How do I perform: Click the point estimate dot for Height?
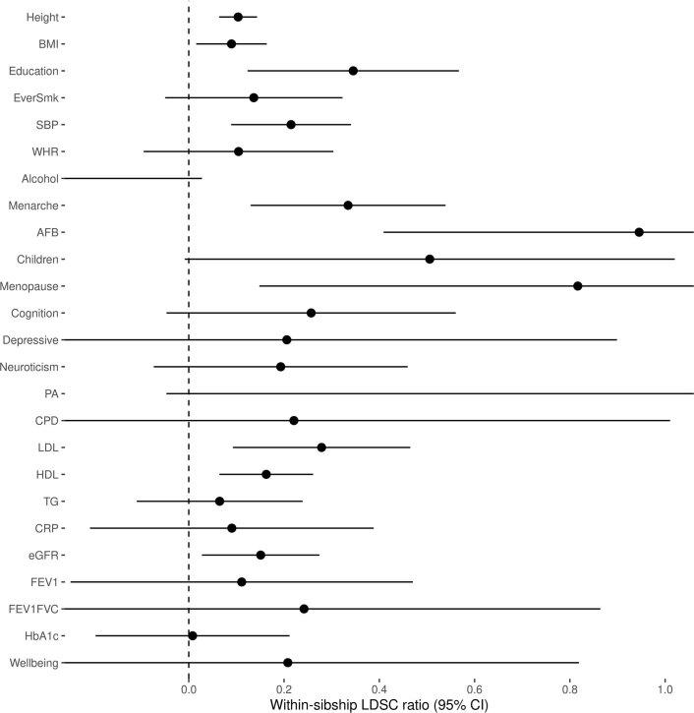pos(238,17)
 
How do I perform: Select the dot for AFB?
pos(639,232)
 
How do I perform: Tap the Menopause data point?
pos(578,286)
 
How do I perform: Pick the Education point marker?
pos(353,71)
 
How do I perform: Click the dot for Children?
pos(430,259)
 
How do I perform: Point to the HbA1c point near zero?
pos(193,635)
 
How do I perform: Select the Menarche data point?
pos(348,206)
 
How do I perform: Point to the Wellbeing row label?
pos(32,663)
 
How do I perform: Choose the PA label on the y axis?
pos(51,393)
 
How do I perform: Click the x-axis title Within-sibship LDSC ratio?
pos(377,704)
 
